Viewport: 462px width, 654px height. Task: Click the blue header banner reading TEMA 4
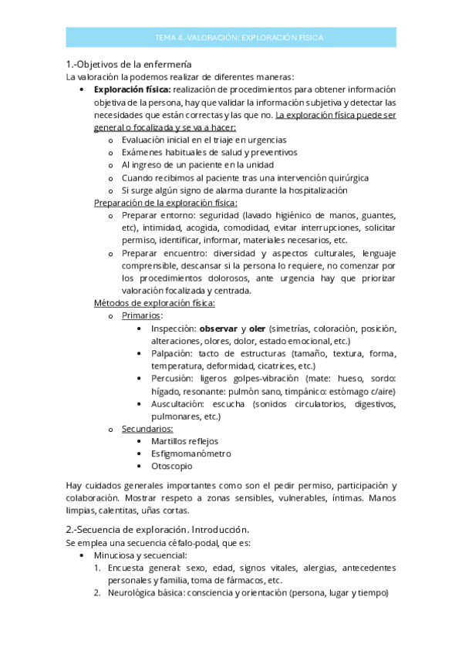pos(238,37)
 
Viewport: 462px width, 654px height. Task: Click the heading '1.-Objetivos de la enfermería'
pos(129,64)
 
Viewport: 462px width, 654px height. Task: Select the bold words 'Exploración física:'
pos(132,89)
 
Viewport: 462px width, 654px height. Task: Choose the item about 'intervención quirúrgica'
pos(244,177)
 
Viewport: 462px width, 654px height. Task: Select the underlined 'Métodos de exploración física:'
pos(154,303)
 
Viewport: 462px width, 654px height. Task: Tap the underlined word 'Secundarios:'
pos(147,429)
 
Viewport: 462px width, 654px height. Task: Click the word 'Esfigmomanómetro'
pos(191,453)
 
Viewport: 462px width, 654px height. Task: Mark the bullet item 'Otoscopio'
pos(171,466)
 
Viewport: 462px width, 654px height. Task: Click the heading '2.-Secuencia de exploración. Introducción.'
pos(157,530)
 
